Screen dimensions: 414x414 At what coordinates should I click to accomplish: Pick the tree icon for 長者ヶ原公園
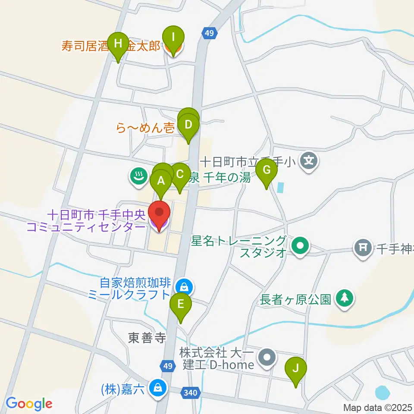pyautogui.click(x=345, y=298)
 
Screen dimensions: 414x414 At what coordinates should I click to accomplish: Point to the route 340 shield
pyautogui.click(x=192, y=393)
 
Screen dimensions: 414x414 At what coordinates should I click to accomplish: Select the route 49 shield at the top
pyautogui.click(x=209, y=33)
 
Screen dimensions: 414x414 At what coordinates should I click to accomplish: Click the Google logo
pyautogui.click(x=29, y=404)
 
